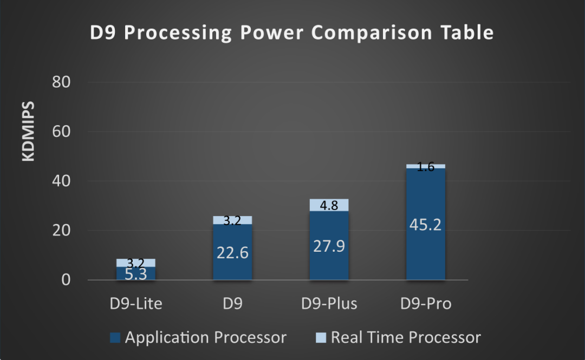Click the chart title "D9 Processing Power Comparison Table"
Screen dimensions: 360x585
tap(291, 32)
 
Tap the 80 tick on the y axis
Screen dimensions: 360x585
tap(61, 82)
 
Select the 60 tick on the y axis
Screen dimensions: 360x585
tap(61, 132)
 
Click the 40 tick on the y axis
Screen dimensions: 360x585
tap(61, 181)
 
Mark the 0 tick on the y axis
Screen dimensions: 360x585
tap(66, 280)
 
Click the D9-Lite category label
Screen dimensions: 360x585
tap(135, 304)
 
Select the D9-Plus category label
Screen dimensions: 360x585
tap(329, 304)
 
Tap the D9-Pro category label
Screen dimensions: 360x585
tap(426, 304)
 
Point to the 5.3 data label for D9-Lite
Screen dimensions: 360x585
tap(135, 274)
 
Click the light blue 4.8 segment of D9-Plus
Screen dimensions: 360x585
tap(329, 205)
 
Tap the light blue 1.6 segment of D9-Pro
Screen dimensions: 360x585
tap(426, 166)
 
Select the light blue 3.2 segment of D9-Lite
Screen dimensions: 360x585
tap(135, 263)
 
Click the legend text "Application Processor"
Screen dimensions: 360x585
tap(205, 338)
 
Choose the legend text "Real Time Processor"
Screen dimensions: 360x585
tap(406, 338)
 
